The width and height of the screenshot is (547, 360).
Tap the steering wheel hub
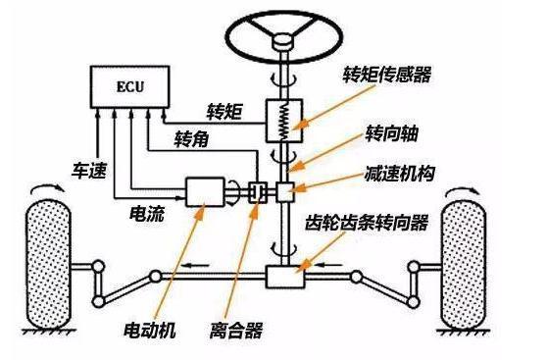coord(286,41)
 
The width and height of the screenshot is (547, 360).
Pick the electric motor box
coord(204,191)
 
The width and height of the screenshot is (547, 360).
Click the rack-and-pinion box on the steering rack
coord(285,278)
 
